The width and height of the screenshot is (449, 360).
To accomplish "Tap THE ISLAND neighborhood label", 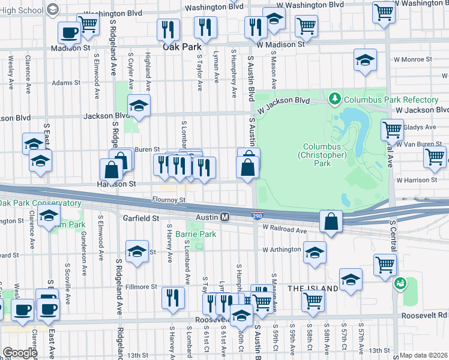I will coord(313,289).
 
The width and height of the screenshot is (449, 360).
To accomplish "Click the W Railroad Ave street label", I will coord(285,230).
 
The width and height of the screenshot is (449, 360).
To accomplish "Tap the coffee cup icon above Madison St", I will coord(69,32).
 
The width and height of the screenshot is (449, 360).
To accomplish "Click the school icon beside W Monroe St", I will coord(365,60).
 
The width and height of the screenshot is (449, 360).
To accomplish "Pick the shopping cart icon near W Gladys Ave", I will coord(392,129).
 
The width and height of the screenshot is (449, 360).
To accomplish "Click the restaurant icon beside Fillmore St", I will coord(173,296).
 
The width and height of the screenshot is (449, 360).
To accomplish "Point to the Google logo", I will coord(20,353).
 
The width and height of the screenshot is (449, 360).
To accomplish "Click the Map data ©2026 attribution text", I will coord(424,355).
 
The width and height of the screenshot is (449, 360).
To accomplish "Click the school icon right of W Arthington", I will coord(314,252).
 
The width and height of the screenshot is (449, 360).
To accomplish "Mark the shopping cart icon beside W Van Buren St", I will coord(435,157).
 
